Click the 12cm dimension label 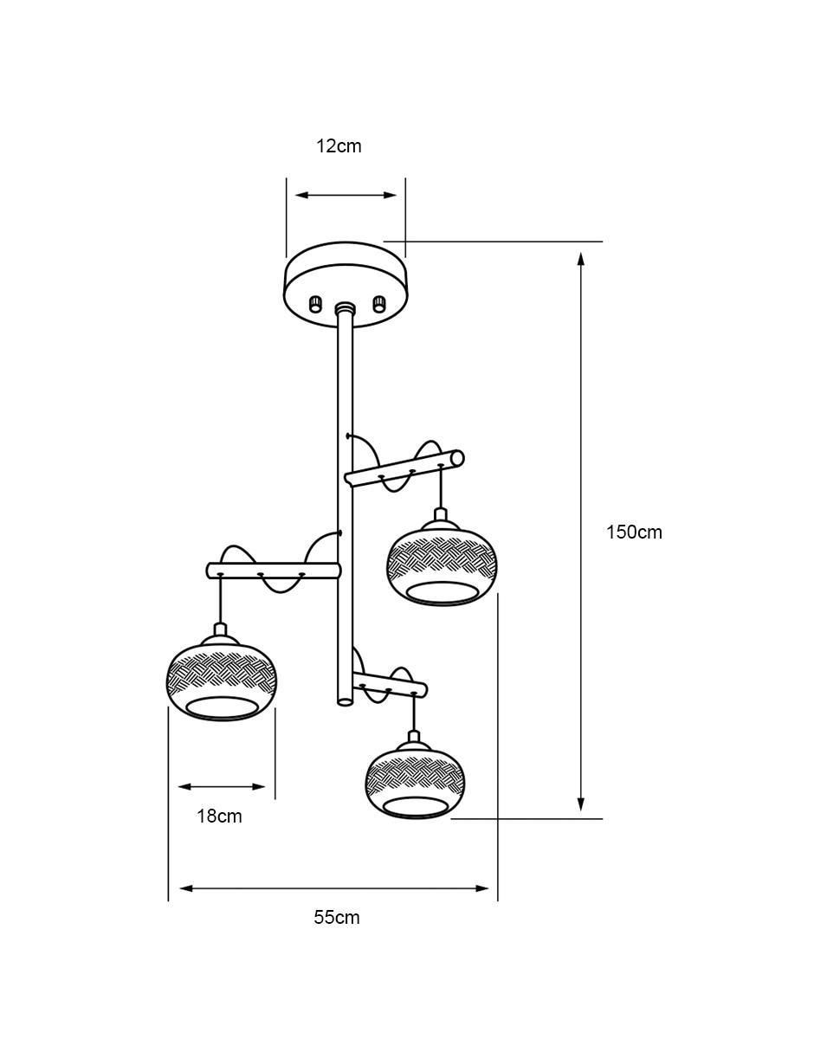(339, 145)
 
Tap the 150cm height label (634, 532)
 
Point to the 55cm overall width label (337, 918)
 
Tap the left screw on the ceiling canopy (315, 305)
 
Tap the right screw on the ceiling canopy (378, 303)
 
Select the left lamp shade (223, 681)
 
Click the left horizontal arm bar (274, 571)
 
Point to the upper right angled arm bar (404, 467)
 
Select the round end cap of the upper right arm (457, 457)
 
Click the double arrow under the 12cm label (346, 195)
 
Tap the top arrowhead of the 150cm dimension (581, 260)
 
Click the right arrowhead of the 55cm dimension (481, 888)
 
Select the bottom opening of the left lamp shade (223, 708)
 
